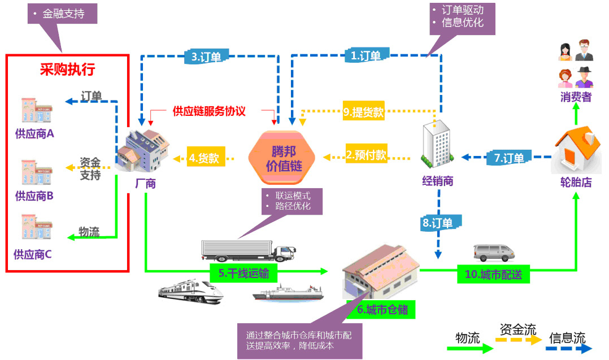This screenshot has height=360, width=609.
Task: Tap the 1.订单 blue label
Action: pos(366,55)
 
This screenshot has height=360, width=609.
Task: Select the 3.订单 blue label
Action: pos(206,57)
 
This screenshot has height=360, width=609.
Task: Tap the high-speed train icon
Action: pos(191,291)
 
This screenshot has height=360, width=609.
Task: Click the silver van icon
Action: pos(491,252)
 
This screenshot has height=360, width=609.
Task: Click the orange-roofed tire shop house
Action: pos(575,150)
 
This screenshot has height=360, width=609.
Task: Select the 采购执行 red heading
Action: pos(67,70)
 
